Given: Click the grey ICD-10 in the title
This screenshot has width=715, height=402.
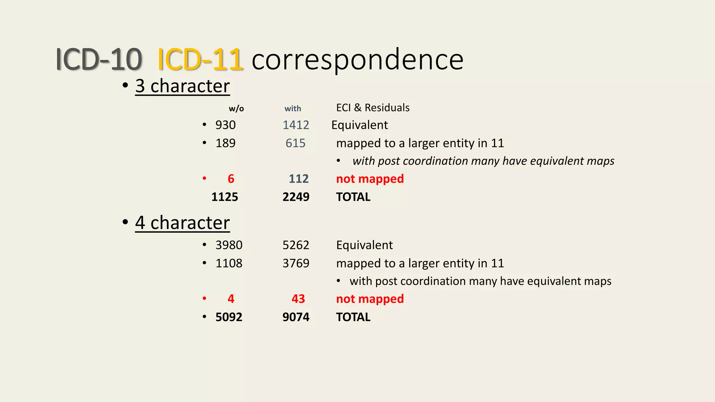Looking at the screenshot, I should (x=99, y=59).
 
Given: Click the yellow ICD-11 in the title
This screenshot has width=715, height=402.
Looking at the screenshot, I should (x=200, y=59).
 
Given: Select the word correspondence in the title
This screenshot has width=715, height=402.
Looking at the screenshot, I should (x=357, y=60).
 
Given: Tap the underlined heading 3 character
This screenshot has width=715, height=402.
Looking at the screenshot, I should (x=182, y=86).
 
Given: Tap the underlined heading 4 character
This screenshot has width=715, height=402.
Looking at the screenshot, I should (x=182, y=223).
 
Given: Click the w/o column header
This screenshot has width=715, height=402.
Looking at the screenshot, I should (x=236, y=109).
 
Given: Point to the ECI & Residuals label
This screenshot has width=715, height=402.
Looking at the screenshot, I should (x=373, y=108).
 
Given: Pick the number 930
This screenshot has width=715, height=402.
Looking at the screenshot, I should (x=226, y=125).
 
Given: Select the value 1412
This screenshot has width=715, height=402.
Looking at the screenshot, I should (x=296, y=125).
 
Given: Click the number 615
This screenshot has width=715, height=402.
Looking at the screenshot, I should (x=295, y=143).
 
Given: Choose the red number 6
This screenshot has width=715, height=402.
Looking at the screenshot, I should (x=231, y=179).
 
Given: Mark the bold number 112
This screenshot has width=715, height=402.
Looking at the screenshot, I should (x=298, y=179).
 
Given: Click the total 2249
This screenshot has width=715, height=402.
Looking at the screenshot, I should (x=296, y=197).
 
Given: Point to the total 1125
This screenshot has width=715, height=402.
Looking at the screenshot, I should (x=225, y=197).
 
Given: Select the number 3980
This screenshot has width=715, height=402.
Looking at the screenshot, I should (x=229, y=245).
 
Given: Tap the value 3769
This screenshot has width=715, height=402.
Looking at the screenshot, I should (x=296, y=263).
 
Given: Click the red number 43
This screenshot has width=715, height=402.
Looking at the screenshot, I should (x=298, y=299).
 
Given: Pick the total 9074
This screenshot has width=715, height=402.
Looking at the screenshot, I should (x=296, y=317).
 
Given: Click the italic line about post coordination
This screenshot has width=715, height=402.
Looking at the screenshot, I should (x=483, y=161).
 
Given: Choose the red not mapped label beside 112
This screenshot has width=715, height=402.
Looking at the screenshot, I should (x=370, y=179).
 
